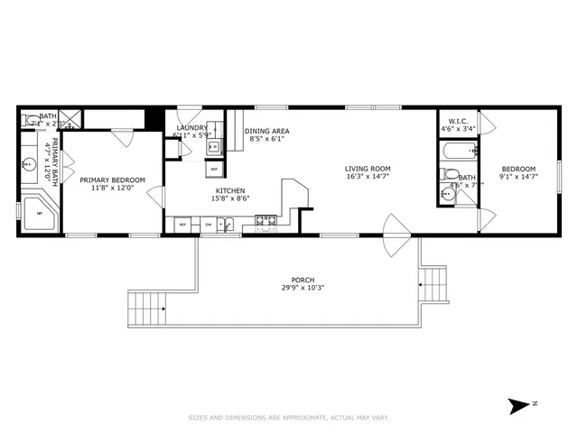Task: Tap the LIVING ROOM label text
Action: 368,169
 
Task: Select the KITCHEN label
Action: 229,190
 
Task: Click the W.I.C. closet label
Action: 457,121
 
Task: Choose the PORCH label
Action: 303,280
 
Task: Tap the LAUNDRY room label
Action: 191,128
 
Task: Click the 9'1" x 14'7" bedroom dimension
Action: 518,178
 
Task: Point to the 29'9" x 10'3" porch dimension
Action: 303,289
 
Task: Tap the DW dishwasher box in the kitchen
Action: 209,224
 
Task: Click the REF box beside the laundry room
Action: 215,169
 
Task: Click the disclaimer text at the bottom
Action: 289,418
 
